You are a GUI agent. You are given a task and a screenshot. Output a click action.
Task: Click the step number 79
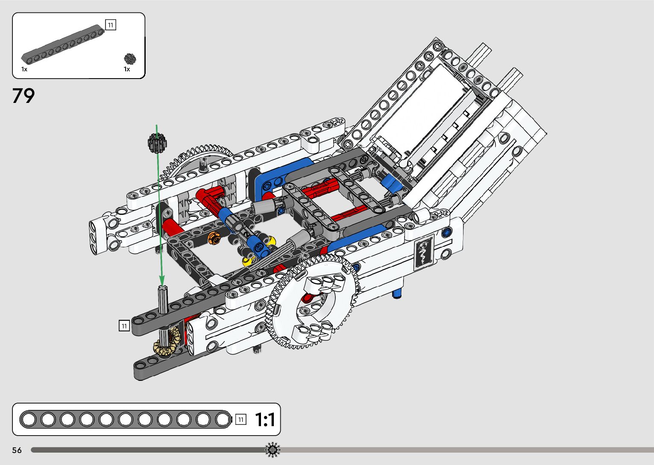click(x=23, y=96)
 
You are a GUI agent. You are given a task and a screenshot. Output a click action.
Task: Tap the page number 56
click(x=17, y=450)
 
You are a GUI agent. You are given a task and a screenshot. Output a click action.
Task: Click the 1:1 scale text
click(x=265, y=420)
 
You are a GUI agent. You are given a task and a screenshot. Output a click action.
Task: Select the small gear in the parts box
click(x=130, y=59)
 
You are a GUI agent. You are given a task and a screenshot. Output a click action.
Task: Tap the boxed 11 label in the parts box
click(x=111, y=25)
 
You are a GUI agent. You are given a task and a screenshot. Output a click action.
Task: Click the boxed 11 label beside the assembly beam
click(x=124, y=326)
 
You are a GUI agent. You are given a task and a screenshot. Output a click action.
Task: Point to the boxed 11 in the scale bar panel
click(x=241, y=420)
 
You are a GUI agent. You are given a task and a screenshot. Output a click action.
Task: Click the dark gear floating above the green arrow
click(x=157, y=143)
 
